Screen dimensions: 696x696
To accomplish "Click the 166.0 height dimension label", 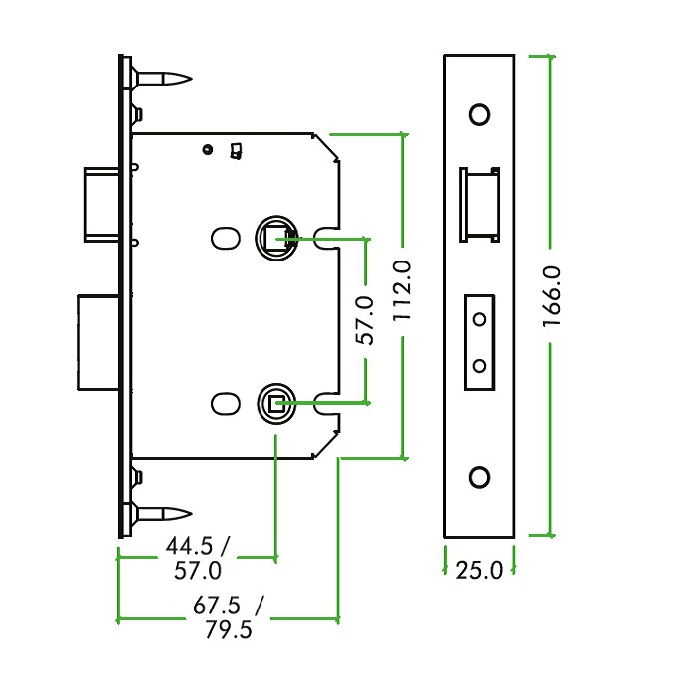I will coord(554,297).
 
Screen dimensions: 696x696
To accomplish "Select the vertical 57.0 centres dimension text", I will coord(366,320).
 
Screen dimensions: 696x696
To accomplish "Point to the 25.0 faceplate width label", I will coord(479,571).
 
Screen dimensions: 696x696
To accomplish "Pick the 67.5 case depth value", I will coord(217,606).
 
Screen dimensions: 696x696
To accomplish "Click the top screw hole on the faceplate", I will coord(479,114).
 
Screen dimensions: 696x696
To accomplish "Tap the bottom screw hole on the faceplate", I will coord(479,477).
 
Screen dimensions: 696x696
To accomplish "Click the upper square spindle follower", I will coord(274,237).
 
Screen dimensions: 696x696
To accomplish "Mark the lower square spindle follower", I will coord(274,403).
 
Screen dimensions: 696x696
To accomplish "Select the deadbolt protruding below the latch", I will coord(97,342).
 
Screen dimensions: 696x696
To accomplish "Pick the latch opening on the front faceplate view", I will coord(478,205).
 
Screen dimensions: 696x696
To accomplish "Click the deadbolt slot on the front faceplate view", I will coord(479,342).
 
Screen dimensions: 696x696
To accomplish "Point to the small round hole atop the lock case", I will coord(207,150).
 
